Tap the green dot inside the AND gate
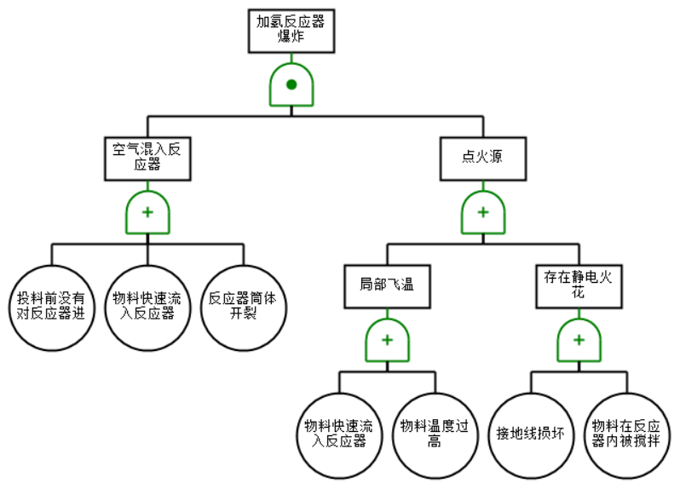[x=291, y=84]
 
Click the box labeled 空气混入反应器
[x=147, y=157]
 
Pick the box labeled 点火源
[x=482, y=157]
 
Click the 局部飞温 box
[x=387, y=285]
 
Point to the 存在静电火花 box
[x=579, y=285]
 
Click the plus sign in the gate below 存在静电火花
[x=579, y=339]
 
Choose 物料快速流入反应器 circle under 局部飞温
[x=339, y=434]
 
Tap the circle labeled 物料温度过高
[x=435, y=434]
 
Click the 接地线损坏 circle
[x=531, y=434]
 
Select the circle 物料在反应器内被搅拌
[x=626, y=434]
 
